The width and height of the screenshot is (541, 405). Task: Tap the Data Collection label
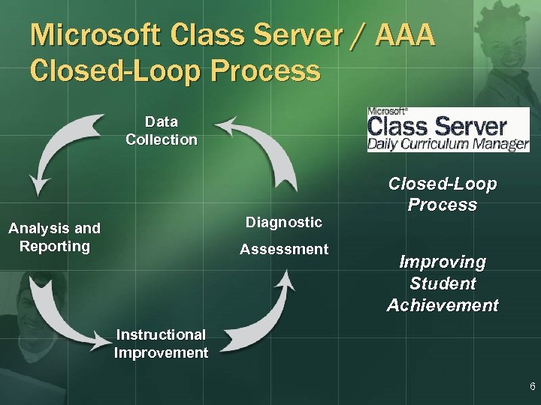(162, 130)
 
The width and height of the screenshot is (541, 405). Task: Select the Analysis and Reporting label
(54, 237)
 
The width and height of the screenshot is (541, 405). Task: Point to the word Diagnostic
(284, 222)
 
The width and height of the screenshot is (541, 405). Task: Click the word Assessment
(284, 249)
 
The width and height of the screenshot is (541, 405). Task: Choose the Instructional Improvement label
(161, 343)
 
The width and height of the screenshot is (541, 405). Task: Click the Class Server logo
(448, 130)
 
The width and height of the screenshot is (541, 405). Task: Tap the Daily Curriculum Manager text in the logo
(448, 144)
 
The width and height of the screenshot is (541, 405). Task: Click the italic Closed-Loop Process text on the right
(443, 194)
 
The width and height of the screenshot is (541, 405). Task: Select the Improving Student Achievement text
(443, 283)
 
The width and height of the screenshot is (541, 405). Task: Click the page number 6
(532, 387)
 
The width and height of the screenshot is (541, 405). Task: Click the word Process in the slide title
(267, 71)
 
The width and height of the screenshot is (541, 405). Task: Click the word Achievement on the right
(443, 305)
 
